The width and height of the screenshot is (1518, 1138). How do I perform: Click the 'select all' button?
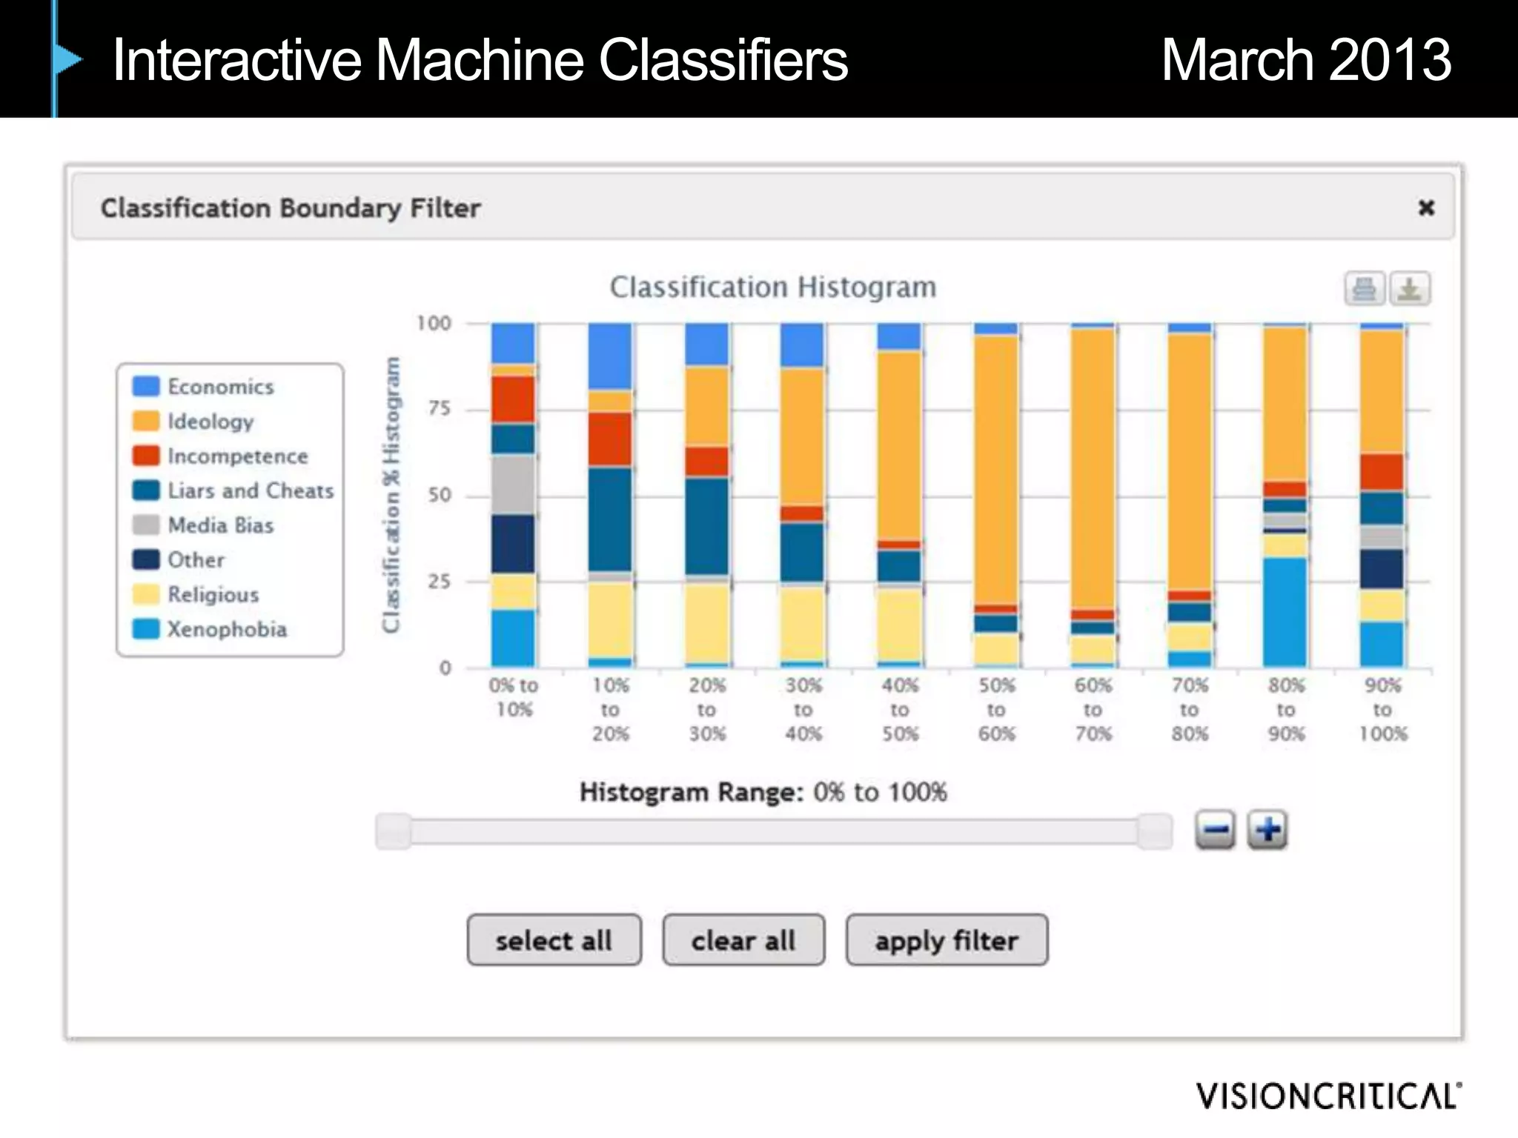click(554, 940)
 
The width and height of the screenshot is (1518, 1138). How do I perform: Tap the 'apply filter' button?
click(947, 940)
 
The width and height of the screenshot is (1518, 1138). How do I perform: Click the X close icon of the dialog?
click(1426, 207)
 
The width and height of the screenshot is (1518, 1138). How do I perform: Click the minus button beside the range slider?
click(1215, 830)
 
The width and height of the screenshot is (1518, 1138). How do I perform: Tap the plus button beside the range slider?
click(1267, 830)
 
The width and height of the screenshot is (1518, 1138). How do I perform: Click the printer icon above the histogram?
click(1365, 288)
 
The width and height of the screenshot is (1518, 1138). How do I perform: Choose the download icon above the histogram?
click(1409, 288)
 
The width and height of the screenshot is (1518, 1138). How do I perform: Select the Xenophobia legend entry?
click(226, 629)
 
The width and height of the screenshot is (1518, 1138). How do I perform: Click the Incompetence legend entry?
click(236, 456)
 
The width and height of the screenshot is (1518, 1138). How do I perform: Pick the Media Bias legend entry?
click(220, 525)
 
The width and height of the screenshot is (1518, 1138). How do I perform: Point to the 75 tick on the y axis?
click(439, 409)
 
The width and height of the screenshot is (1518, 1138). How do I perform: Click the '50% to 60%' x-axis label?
click(996, 709)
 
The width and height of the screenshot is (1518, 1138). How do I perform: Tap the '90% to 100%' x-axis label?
click(1382, 709)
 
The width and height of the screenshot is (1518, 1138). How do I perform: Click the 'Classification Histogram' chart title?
click(772, 287)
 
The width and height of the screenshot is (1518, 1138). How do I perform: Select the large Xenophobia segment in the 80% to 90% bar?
click(1285, 612)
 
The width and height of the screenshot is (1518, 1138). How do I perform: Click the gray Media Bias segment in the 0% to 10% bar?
click(513, 485)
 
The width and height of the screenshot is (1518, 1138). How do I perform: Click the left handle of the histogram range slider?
click(394, 831)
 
